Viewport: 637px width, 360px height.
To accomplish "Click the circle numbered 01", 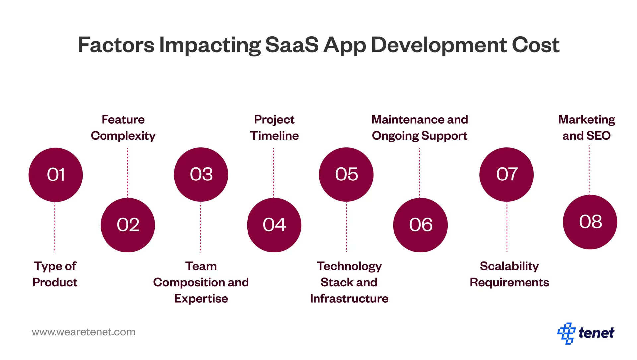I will (x=55, y=175).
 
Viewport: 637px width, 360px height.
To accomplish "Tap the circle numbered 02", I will (x=128, y=225).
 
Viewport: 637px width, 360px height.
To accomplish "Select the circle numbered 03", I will (x=201, y=175).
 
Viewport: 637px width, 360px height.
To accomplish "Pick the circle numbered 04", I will (x=274, y=225).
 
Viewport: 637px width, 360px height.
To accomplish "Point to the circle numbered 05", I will (x=346, y=175).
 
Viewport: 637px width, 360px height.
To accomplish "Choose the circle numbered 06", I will (x=420, y=225).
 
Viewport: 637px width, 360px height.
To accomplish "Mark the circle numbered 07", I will (x=507, y=175).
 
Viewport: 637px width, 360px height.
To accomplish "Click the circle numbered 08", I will (x=590, y=222).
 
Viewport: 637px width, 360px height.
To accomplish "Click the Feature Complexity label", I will (x=123, y=128).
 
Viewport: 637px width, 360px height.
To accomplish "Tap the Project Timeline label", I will (x=274, y=128).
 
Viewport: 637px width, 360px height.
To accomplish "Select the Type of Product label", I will (x=55, y=274).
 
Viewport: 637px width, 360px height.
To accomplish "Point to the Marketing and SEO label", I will (x=587, y=128).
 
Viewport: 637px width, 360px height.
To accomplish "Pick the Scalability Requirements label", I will (x=509, y=274).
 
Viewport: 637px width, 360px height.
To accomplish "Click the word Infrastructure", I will (x=349, y=298).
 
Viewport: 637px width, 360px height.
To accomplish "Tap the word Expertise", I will (x=201, y=298).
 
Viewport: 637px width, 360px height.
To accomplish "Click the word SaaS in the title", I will (x=292, y=45).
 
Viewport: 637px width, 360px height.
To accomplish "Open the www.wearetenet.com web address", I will (x=84, y=332).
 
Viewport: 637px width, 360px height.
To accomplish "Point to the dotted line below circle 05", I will (x=346, y=227).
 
